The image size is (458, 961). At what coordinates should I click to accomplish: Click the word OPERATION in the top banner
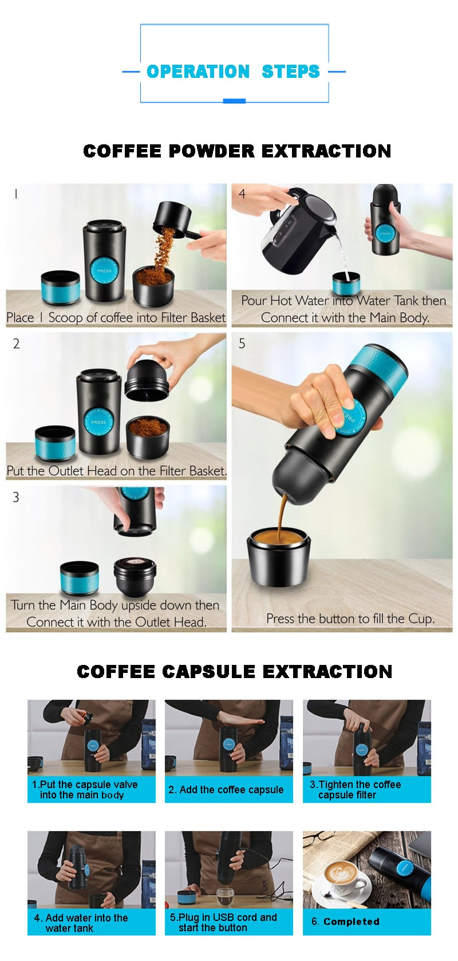click(198, 72)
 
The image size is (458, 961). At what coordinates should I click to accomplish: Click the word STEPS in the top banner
click(290, 72)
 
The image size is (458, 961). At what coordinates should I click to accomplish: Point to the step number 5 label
click(242, 344)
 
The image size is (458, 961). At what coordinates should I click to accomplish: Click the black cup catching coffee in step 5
click(279, 556)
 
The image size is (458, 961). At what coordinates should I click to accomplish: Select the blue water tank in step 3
click(80, 578)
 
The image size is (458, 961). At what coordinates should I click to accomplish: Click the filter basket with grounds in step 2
click(148, 435)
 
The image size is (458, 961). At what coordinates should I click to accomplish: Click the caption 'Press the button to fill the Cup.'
click(350, 619)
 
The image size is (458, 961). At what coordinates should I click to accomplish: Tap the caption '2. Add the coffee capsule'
click(226, 790)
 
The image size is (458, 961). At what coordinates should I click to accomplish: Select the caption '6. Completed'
click(346, 921)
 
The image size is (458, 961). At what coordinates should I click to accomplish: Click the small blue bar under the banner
click(234, 101)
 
